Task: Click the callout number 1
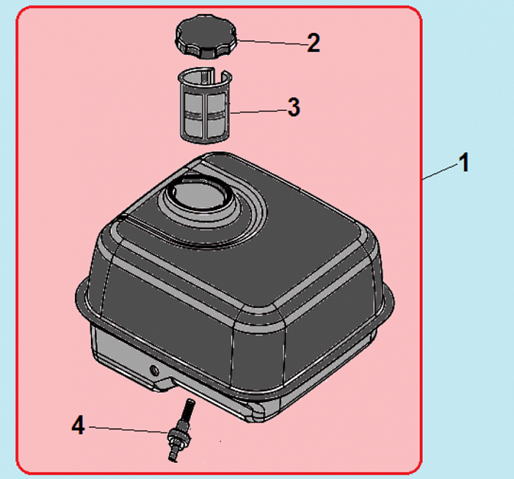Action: click(x=463, y=162)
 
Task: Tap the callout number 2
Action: click(x=314, y=43)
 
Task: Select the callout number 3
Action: click(x=294, y=107)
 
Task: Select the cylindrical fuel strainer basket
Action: click(x=206, y=105)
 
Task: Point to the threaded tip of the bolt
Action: click(x=189, y=408)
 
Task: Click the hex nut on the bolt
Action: click(x=178, y=436)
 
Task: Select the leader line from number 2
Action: click(x=272, y=43)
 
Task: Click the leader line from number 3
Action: click(x=259, y=112)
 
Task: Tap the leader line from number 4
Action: click(x=128, y=430)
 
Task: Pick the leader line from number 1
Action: click(x=441, y=172)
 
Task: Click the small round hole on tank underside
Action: click(x=154, y=371)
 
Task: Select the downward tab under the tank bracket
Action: click(x=163, y=384)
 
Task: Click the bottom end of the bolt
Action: click(x=173, y=458)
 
